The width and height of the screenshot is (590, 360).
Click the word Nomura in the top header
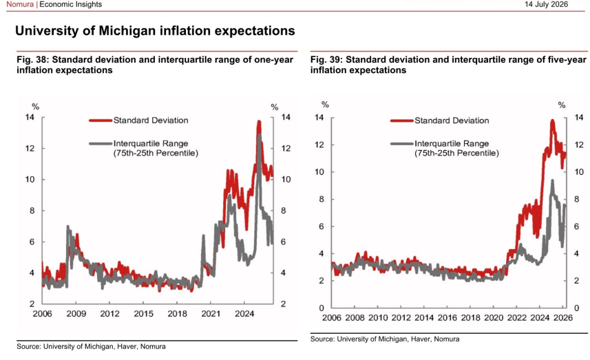[x=20, y=5]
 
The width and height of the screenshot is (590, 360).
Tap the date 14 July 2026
[x=547, y=5]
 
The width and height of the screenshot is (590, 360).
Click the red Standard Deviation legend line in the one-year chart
[x=101, y=120]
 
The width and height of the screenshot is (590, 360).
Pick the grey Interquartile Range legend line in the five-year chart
[x=402, y=143]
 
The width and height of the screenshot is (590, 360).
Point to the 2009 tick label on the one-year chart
[x=76, y=314]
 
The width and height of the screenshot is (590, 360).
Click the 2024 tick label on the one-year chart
[x=244, y=314]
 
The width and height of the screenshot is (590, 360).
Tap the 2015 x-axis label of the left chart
[x=143, y=314]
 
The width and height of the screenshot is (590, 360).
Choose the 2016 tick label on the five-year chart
[x=447, y=318]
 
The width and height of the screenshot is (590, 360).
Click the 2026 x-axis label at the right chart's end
[x=563, y=318]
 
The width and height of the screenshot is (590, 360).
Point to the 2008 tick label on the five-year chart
[x=355, y=318]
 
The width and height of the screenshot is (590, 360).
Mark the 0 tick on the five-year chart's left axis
[x=322, y=308]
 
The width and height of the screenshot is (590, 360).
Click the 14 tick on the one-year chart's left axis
[x=30, y=118]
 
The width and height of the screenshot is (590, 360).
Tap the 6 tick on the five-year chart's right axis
[x=576, y=226]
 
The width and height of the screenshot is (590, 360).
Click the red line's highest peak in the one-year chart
[x=259, y=122]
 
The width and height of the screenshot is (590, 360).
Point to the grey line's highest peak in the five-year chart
[x=552, y=180]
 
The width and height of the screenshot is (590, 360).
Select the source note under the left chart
[x=91, y=346]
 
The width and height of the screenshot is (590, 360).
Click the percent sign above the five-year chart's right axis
[x=562, y=105]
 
